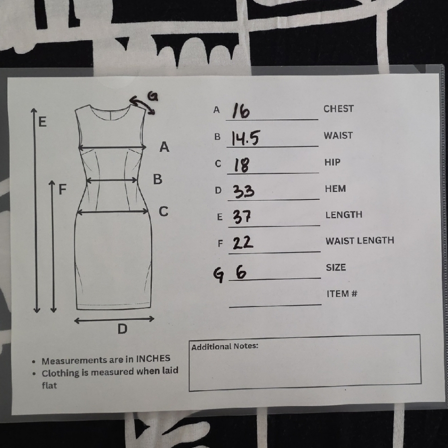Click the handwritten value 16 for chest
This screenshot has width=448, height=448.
[241, 111]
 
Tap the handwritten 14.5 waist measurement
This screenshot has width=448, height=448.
[245, 138]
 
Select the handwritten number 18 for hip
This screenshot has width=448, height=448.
[241, 165]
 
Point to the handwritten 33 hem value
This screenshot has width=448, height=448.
[243, 191]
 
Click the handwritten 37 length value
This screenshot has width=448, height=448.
[242, 217]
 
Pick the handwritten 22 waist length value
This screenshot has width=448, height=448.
[243, 242]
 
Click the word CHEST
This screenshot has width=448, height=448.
[339, 108]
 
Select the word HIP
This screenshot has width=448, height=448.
[332, 162]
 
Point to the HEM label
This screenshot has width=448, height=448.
[336, 189]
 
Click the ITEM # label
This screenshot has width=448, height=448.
[342, 293]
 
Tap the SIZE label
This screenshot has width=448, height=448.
[336, 267]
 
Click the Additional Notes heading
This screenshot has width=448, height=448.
[224, 346]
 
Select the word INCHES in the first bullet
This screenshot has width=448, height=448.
[153, 358]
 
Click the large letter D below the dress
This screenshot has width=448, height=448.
[122, 329]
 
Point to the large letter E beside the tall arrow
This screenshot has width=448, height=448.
[42, 122]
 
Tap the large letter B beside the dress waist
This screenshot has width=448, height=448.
[157, 179]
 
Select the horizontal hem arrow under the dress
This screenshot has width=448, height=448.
[114, 319]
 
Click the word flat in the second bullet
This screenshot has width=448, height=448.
[49, 385]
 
